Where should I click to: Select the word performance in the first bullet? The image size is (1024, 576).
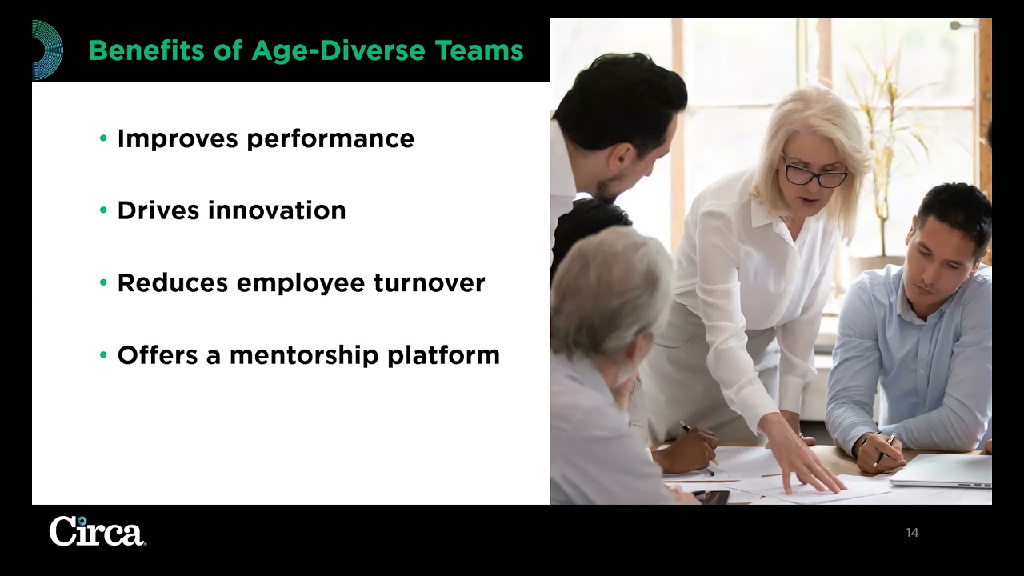click(x=330, y=139)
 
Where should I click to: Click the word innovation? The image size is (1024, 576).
click(x=277, y=210)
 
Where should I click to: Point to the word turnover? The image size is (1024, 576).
click(x=429, y=282)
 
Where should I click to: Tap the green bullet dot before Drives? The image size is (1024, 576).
click(x=103, y=210)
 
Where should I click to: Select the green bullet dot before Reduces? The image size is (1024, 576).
click(x=103, y=282)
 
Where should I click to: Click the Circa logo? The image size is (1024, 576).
click(x=97, y=531)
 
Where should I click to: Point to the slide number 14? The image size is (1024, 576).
click(x=912, y=533)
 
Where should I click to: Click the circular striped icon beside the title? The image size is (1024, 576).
click(x=46, y=50)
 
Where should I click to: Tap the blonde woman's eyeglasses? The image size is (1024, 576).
click(x=814, y=174)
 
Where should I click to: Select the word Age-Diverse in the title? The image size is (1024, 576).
click(x=339, y=50)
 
